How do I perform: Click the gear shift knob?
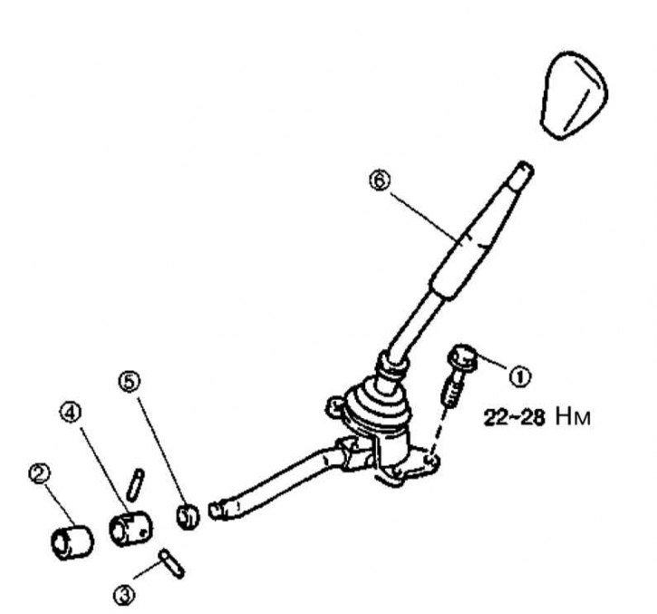(x=575, y=95)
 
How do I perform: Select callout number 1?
(x=519, y=376)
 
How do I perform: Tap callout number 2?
(x=39, y=473)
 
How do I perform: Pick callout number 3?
(x=124, y=595)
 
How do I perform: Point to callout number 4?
(x=70, y=413)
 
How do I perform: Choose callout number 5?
(x=130, y=381)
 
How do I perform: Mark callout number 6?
(x=379, y=180)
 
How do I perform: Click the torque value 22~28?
(x=514, y=418)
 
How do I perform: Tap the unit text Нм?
(x=574, y=417)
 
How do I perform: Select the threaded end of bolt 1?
(x=450, y=394)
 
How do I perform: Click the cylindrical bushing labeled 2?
(x=72, y=542)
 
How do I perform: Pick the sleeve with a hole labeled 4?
(x=130, y=529)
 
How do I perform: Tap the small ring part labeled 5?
(x=188, y=516)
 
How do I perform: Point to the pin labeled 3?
(x=171, y=564)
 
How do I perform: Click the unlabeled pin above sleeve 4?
(x=135, y=484)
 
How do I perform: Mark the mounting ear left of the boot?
(x=335, y=406)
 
